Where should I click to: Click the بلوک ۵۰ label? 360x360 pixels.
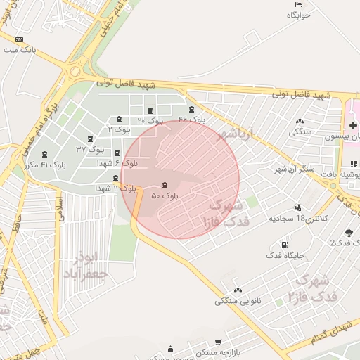[165, 195]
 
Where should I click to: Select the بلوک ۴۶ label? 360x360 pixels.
[191, 120]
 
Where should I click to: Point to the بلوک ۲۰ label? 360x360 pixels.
[150, 120]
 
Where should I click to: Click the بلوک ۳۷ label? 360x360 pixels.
[90, 149]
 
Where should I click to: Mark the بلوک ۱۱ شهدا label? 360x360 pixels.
[116, 188]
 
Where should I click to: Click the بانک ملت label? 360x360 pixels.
[19, 51]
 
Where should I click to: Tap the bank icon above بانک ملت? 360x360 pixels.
[19, 40]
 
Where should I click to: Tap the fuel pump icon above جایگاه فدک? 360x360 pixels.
[285, 245]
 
